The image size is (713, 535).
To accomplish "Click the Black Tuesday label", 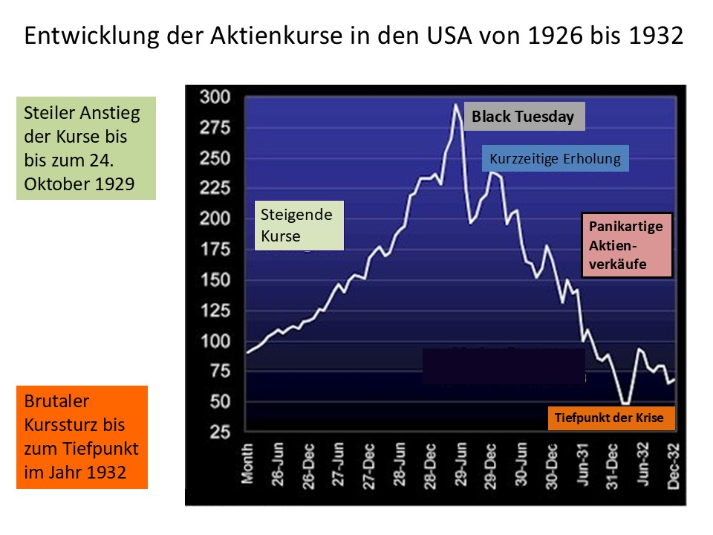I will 524,117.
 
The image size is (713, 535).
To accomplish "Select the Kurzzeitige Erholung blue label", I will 555,158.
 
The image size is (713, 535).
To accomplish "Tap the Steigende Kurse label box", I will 299,225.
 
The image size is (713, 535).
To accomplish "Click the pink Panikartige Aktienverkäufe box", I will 627,244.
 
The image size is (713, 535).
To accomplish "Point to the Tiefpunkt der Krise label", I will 609,418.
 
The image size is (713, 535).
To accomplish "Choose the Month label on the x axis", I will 248,464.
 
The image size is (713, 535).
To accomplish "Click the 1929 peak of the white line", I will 456,104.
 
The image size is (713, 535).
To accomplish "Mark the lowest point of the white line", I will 625,403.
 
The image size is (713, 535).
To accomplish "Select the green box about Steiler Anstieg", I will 86,149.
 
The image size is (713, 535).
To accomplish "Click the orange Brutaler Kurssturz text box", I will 82,437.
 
